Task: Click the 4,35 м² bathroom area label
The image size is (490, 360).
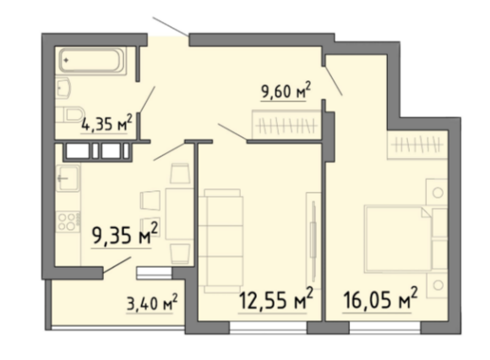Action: tap(106, 123)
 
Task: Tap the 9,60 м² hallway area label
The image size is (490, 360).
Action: tap(286, 90)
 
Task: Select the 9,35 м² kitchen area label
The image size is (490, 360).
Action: tap(125, 234)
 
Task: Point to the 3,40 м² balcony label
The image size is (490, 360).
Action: tap(152, 302)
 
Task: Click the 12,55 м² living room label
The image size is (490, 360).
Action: tap(275, 299)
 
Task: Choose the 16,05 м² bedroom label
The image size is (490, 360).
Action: tap(380, 299)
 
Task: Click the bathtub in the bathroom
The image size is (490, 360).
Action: tap(91, 61)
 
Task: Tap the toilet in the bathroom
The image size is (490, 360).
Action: tap(70, 114)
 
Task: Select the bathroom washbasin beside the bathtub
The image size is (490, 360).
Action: tap(63, 88)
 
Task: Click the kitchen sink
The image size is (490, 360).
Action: tap(68, 178)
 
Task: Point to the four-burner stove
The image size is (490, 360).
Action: tap(68, 221)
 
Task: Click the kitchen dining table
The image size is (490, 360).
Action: tap(179, 214)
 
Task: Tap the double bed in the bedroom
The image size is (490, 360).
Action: tap(398, 239)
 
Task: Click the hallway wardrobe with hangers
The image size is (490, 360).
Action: tap(286, 125)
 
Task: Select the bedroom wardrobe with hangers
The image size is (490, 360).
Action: tap(417, 145)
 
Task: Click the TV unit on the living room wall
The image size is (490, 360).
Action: tap(313, 241)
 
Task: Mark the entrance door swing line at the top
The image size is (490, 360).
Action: tap(171, 26)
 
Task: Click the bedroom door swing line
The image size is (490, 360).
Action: tap(333, 80)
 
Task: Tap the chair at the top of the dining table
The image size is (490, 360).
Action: tap(180, 173)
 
